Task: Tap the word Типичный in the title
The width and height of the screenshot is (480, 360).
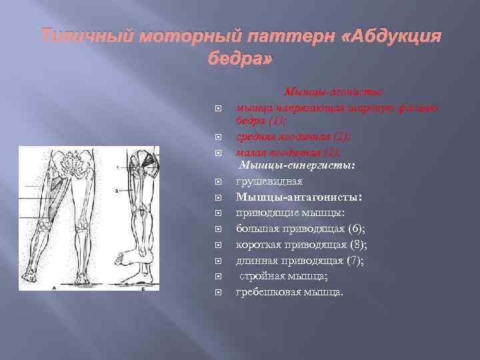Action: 80,36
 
